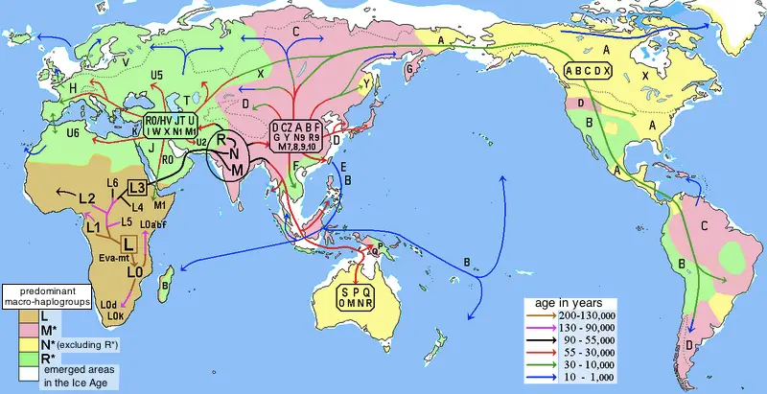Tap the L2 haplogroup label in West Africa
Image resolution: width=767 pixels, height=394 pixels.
(87, 198)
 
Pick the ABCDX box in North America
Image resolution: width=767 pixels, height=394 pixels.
(601, 69)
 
